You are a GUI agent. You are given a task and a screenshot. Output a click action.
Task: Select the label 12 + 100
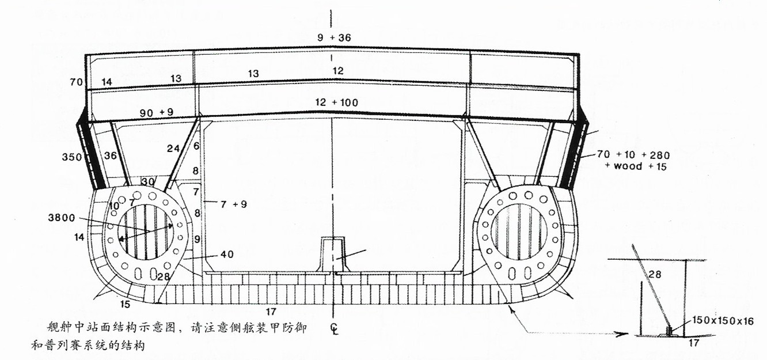pos(337,103)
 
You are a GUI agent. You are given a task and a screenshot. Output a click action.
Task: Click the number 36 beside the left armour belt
pos(110,155)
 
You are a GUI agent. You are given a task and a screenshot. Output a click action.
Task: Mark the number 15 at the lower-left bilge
pos(125,304)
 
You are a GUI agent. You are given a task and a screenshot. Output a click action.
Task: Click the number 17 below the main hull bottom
pos(271,312)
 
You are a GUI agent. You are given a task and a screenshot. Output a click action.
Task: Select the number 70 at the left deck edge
pos(77,82)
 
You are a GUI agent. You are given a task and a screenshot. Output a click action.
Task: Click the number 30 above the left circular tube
pos(148,181)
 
